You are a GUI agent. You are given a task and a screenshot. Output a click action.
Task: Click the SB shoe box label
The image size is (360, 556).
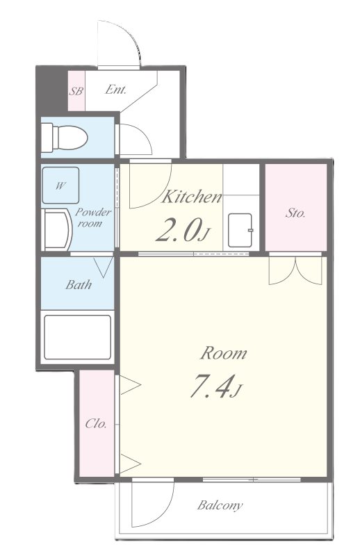pos(76,91)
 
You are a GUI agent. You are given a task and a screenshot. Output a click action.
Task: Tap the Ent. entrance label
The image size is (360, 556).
pos(115,90)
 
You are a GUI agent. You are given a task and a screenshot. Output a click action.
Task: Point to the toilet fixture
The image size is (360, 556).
pos(64,137)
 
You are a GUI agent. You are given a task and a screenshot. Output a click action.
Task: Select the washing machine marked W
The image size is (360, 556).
pos(60,185)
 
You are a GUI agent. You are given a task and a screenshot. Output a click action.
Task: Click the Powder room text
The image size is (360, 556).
pos(93,218)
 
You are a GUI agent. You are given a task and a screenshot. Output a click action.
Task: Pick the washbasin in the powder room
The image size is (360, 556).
pos(57,230)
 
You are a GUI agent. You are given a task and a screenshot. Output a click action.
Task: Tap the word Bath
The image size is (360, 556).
pos(79,284)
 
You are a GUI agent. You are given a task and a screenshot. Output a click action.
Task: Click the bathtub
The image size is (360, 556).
pos(77,337)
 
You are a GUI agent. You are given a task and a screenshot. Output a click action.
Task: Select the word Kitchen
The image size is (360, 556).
pos(192,197)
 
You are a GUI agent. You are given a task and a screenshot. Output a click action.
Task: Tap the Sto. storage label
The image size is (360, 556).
pos(295,213)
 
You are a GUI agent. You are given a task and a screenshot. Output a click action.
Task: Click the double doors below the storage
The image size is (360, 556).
pos(295,270)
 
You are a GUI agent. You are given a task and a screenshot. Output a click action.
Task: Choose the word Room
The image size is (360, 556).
pos(224,354)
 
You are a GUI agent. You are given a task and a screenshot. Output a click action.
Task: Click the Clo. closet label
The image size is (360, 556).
pos(96,423)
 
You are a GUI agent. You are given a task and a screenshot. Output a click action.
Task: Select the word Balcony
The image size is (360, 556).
pos(220,505)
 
